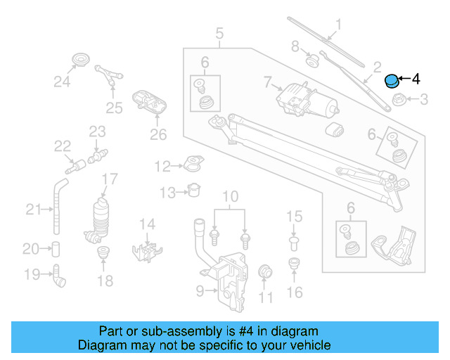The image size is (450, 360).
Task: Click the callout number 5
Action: pos(219,32)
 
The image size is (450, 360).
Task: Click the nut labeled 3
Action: pos(397,100)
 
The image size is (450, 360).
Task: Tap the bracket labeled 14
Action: pos(149,247)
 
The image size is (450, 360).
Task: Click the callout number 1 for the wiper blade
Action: pos(337,26)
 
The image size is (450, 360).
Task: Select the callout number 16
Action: pos(295,291)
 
